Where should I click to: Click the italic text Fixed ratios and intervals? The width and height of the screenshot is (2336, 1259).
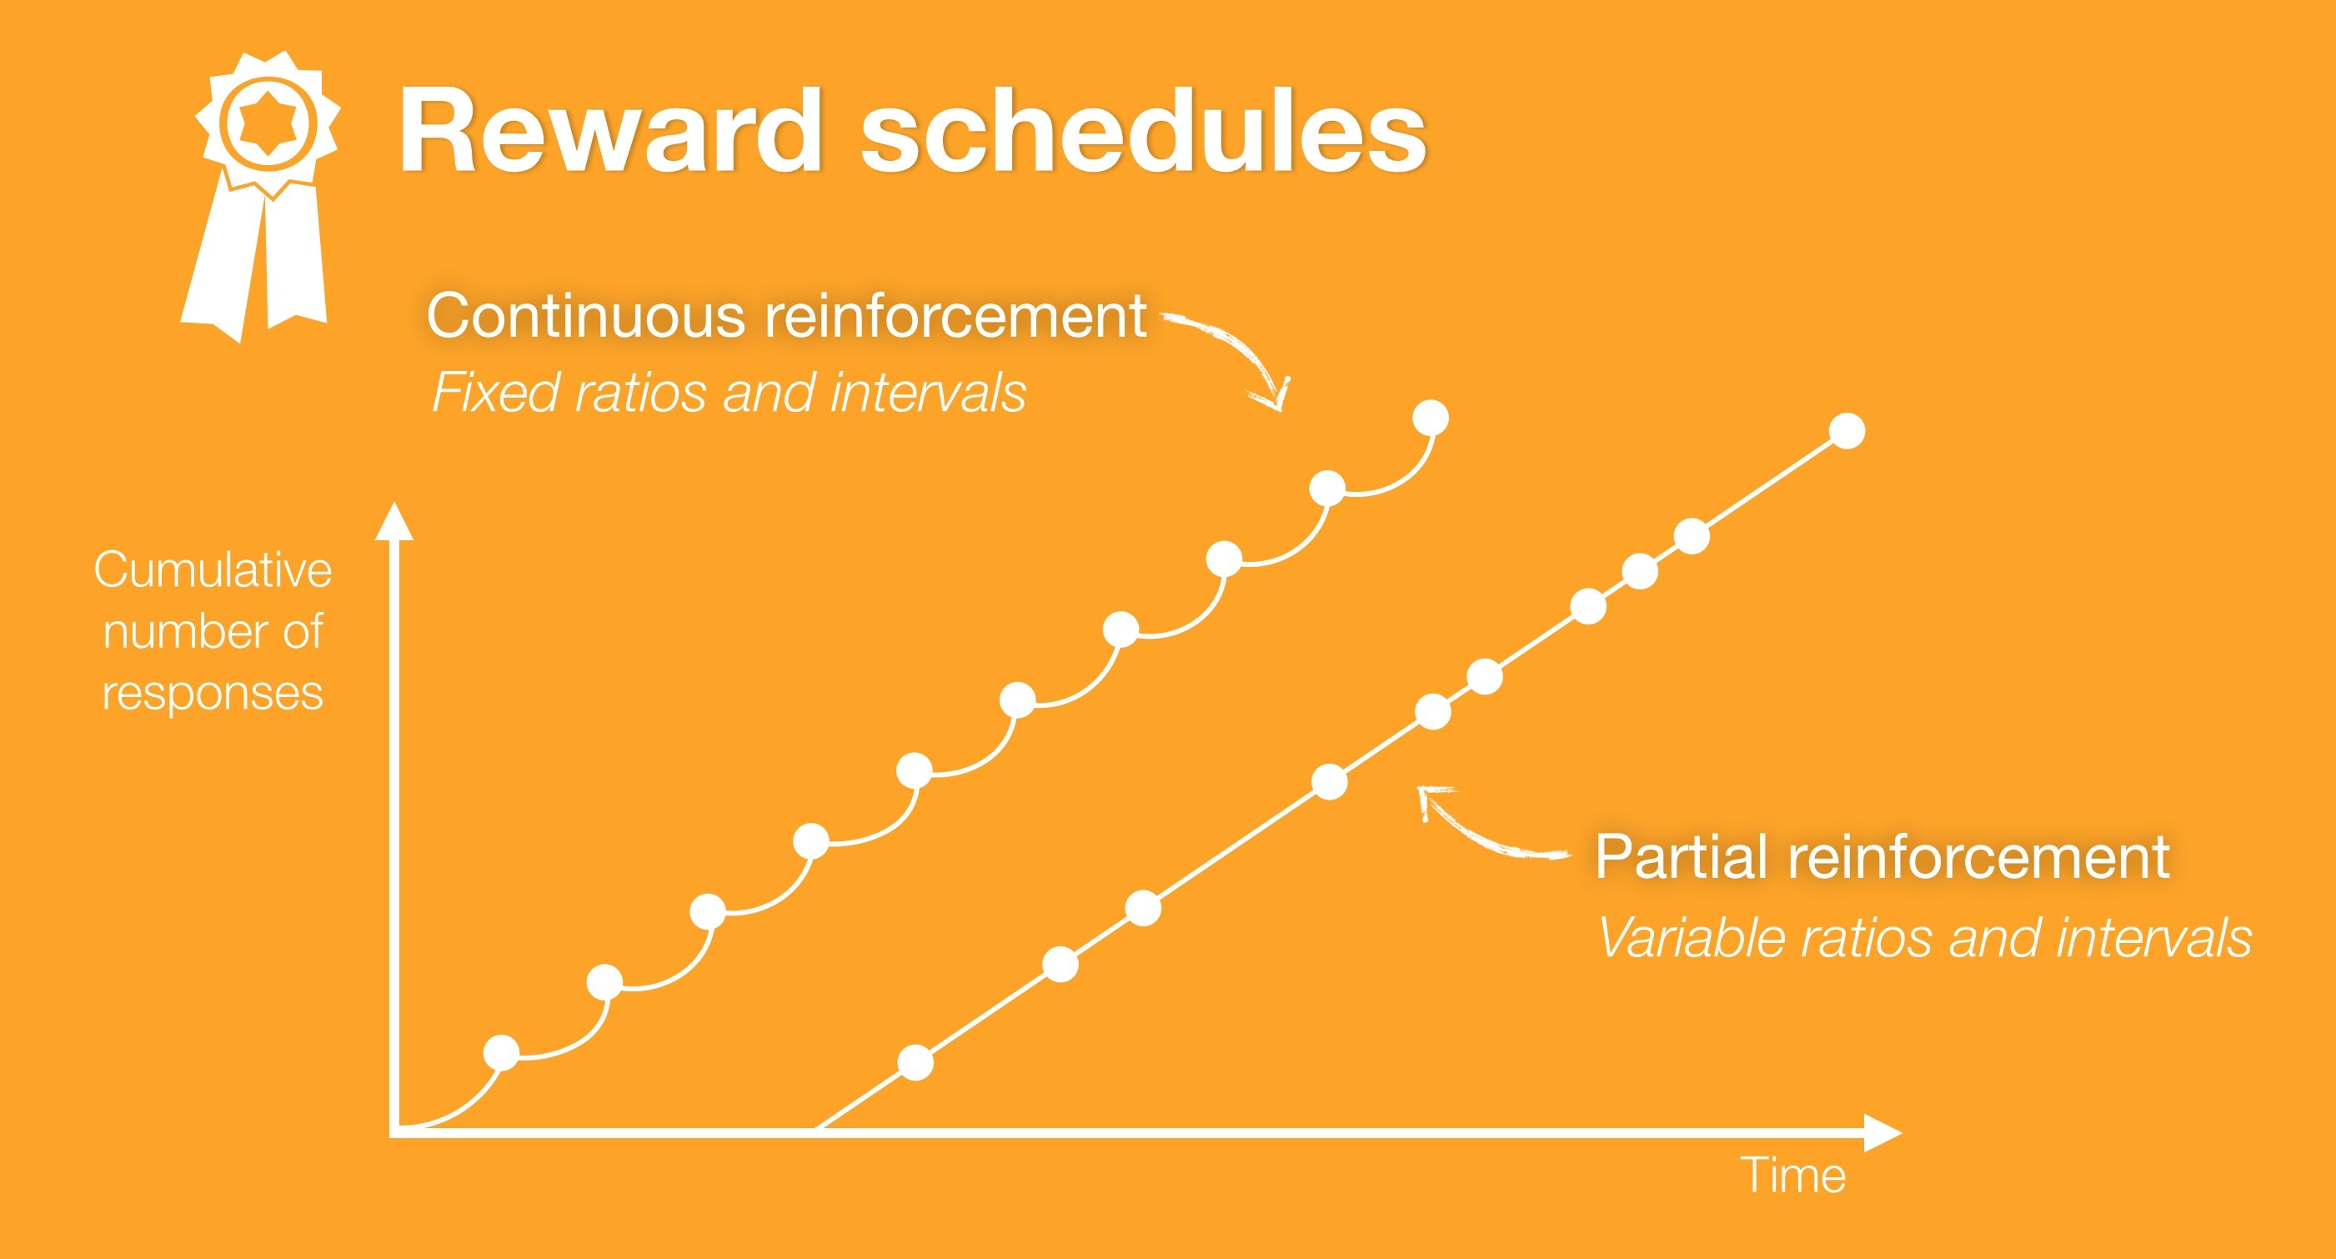click(x=728, y=393)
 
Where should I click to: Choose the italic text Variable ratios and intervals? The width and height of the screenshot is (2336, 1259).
click(x=1924, y=937)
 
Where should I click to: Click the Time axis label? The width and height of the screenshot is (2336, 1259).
click(x=1792, y=1176)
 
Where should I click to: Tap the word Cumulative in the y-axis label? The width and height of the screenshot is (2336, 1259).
click(x=213, y=570)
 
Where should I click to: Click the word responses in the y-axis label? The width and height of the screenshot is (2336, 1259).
click(x=213, y=694)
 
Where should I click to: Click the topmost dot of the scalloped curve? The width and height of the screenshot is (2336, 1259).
click(x=1431, y=419)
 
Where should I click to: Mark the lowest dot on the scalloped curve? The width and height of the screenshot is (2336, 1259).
click(x=502, y=1053)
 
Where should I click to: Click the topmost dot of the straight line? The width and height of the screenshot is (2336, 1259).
click(x=1847, y=431)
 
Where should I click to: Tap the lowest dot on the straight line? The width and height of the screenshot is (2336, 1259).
click(x=916, y=1062)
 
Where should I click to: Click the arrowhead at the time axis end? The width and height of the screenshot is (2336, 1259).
click(x=1882, y=1133)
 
